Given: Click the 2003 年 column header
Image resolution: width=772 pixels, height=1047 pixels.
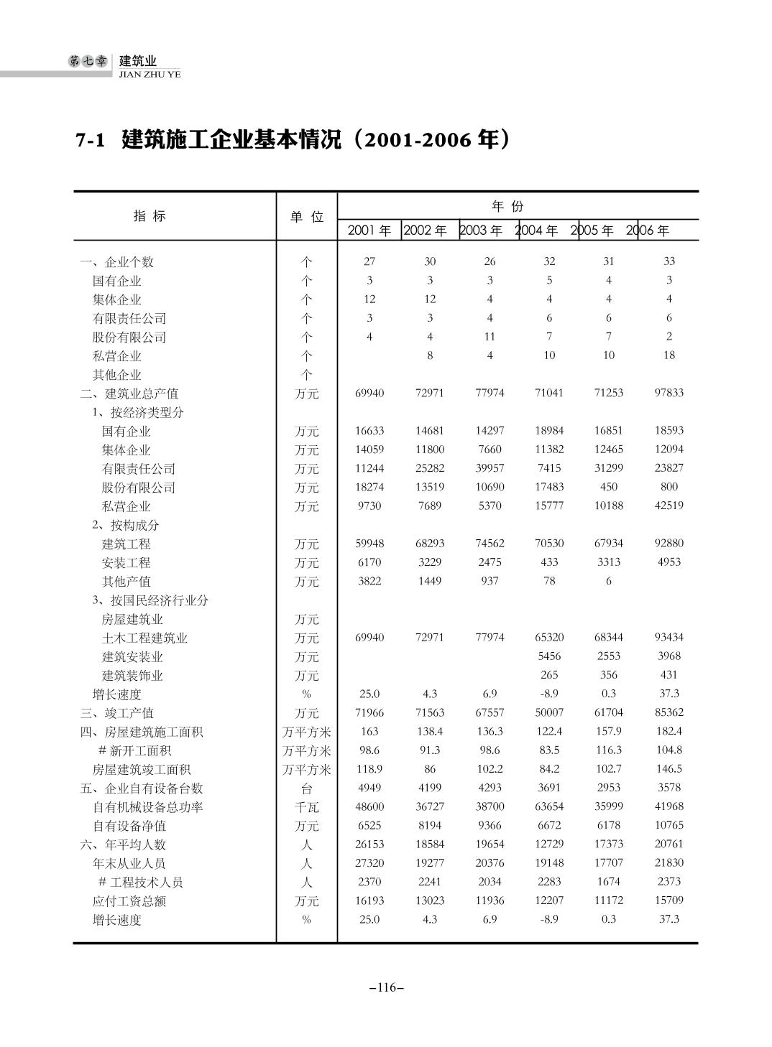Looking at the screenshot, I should tap(481, 231).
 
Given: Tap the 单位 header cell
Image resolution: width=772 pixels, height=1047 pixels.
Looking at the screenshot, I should tap(307, 217).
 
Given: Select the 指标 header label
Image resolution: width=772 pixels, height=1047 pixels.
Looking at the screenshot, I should tap(150, 215).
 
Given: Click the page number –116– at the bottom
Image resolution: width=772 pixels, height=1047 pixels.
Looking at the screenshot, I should tap(386, 988).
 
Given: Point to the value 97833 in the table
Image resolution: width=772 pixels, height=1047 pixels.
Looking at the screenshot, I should tap(668, 393).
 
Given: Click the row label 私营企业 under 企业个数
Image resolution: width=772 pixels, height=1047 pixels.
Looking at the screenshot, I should tap(116, 356).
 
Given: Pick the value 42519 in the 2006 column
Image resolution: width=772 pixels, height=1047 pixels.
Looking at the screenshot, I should tap(668, 506).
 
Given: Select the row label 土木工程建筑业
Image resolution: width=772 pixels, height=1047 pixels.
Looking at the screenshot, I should tap(144, 638).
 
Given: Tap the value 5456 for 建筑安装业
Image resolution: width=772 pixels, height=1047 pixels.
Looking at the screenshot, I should tap(549, 656).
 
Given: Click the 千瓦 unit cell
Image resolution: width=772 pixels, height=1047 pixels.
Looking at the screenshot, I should tap(307, 807).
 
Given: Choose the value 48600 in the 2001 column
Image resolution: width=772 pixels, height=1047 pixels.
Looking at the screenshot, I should tap(369, 806).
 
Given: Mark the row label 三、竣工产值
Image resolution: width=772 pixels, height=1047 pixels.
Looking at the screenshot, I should tap(116, 713).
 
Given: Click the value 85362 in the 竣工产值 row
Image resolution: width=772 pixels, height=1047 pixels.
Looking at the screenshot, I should tap(668, 712).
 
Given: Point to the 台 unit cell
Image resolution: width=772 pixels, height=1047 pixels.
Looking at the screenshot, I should tap(307, 788).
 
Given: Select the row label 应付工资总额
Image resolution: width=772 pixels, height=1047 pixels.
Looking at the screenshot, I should tap(129, 901).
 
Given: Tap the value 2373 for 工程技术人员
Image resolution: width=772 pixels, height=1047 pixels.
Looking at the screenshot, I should tap(668, 882).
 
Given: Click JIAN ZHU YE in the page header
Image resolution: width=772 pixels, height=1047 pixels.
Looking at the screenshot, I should tap(150, 74).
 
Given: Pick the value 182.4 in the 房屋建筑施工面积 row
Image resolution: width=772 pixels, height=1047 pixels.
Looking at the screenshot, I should tap(668, 731).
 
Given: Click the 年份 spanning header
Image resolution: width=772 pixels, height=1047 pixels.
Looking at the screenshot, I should tap(507, 207).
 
